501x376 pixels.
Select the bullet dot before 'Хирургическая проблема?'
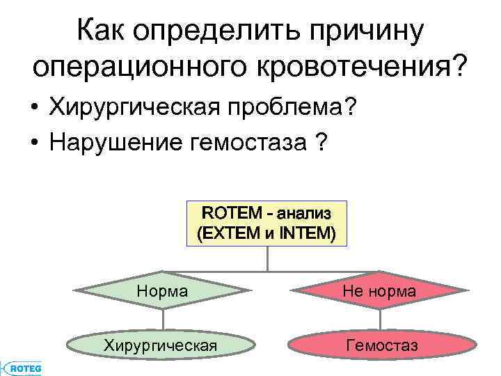pyautogui.click(x=34, y=109)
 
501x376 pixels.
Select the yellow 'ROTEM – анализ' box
pyautogui.click(x=267, y=224)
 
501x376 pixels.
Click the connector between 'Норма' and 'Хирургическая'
pyautogui.click(x=163, y=320)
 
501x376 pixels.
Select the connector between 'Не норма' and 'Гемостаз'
pyautogui.click(x=379, y=320)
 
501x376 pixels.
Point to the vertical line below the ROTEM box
pyautogui.click(x=267, y=258)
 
